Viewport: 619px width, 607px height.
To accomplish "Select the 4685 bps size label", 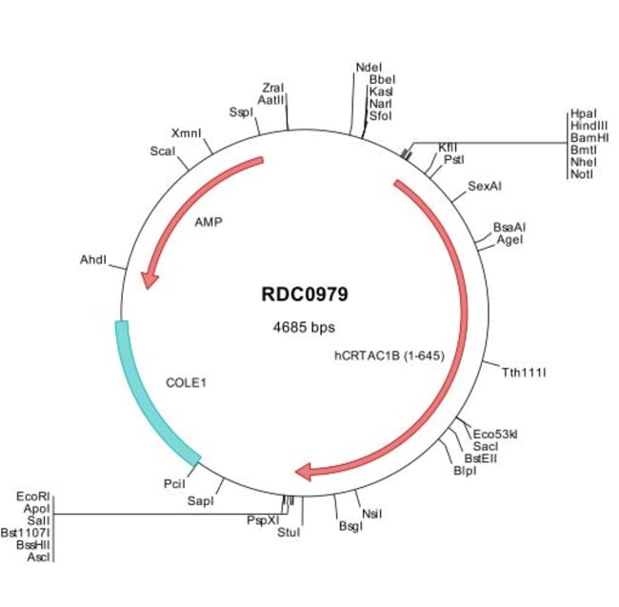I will (x=305, y=327).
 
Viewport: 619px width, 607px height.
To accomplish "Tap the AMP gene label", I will (x=209, y=222).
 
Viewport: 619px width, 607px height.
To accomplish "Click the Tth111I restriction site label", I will (x=524, y=373).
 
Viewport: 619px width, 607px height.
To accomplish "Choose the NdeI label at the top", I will (x=368, y=68).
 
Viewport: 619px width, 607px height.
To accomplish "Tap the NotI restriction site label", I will (x=581, y=174).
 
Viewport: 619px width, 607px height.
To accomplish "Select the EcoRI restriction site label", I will (x=33, y=496).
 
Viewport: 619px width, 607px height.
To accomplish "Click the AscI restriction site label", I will (x=38, y=556).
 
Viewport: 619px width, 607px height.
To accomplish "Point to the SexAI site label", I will (x=485, y=185).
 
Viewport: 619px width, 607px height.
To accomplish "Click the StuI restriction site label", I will (x=288, y=532).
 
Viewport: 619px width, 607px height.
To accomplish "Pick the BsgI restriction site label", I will (x=350, y=526).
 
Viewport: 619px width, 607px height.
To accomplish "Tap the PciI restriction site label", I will (x=174, y=484).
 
